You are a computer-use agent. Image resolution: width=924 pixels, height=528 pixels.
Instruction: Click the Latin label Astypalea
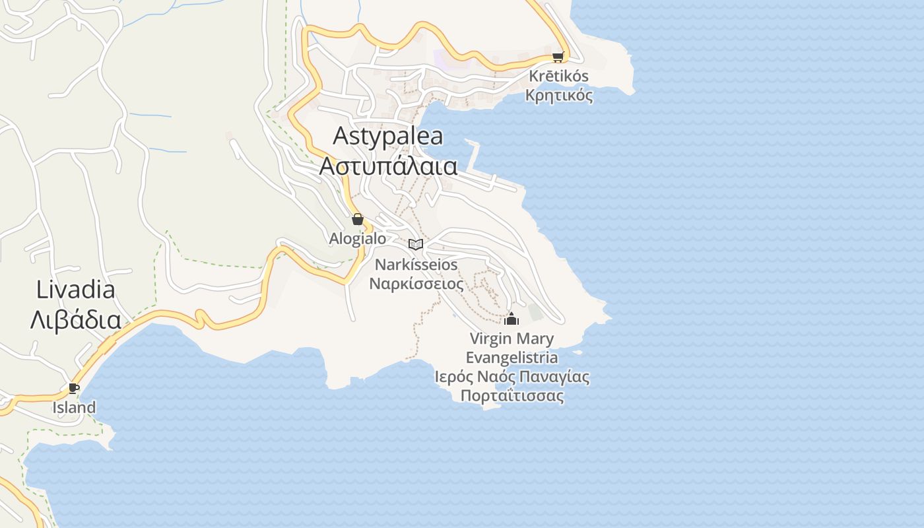(388, 136)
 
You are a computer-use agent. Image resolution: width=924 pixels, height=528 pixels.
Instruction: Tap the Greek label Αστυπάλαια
(388, 166)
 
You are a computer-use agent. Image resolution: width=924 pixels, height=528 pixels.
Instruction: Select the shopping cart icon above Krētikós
(558, 57)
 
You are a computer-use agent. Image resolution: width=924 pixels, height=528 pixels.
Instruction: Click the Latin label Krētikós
(558, 76)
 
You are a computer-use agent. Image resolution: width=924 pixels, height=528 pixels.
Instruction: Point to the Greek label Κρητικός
(558, 95)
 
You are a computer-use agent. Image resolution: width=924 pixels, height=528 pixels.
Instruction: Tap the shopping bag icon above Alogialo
(358, 219)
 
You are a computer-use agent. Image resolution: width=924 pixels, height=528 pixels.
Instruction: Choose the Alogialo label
(358, 238)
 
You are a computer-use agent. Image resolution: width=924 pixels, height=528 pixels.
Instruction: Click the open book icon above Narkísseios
(416, 244)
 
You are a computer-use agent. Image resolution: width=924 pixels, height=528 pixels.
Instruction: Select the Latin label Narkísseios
(416, 265)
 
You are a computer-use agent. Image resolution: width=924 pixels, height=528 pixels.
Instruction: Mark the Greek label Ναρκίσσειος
(416, 284)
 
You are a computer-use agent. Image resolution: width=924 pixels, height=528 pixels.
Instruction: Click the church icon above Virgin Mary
(511, 319)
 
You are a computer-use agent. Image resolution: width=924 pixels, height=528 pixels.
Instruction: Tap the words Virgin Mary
(511, 339)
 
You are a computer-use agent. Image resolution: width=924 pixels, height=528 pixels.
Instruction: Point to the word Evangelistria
(511, 358)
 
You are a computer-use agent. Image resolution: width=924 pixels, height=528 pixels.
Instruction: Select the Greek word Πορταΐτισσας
(511, 396)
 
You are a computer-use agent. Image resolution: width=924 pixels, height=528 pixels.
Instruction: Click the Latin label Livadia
(76, 290)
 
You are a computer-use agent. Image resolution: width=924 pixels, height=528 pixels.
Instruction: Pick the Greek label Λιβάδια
(76, 320)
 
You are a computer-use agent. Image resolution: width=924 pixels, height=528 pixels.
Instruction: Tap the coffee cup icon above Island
(73, 388)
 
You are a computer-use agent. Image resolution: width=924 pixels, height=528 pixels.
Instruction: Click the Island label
(74, 407)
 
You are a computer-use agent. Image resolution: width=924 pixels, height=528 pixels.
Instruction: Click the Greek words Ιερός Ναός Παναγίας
(511, 377)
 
